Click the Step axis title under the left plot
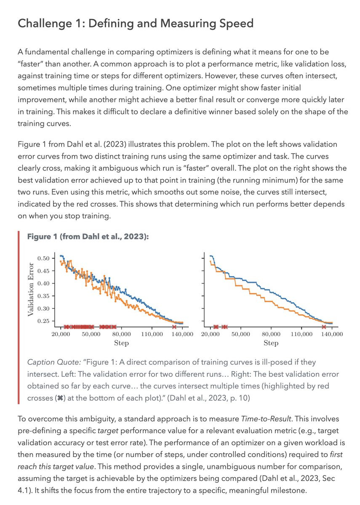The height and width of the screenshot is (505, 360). pos(121,343)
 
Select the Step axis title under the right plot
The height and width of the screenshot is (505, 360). pos(271,343)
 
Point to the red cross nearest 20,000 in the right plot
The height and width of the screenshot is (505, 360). pos(216,327)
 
